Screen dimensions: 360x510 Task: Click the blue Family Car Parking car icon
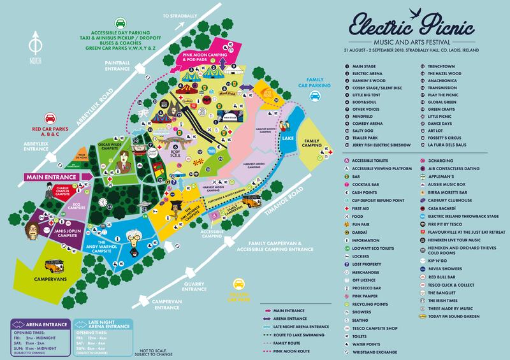coord(314,97)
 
